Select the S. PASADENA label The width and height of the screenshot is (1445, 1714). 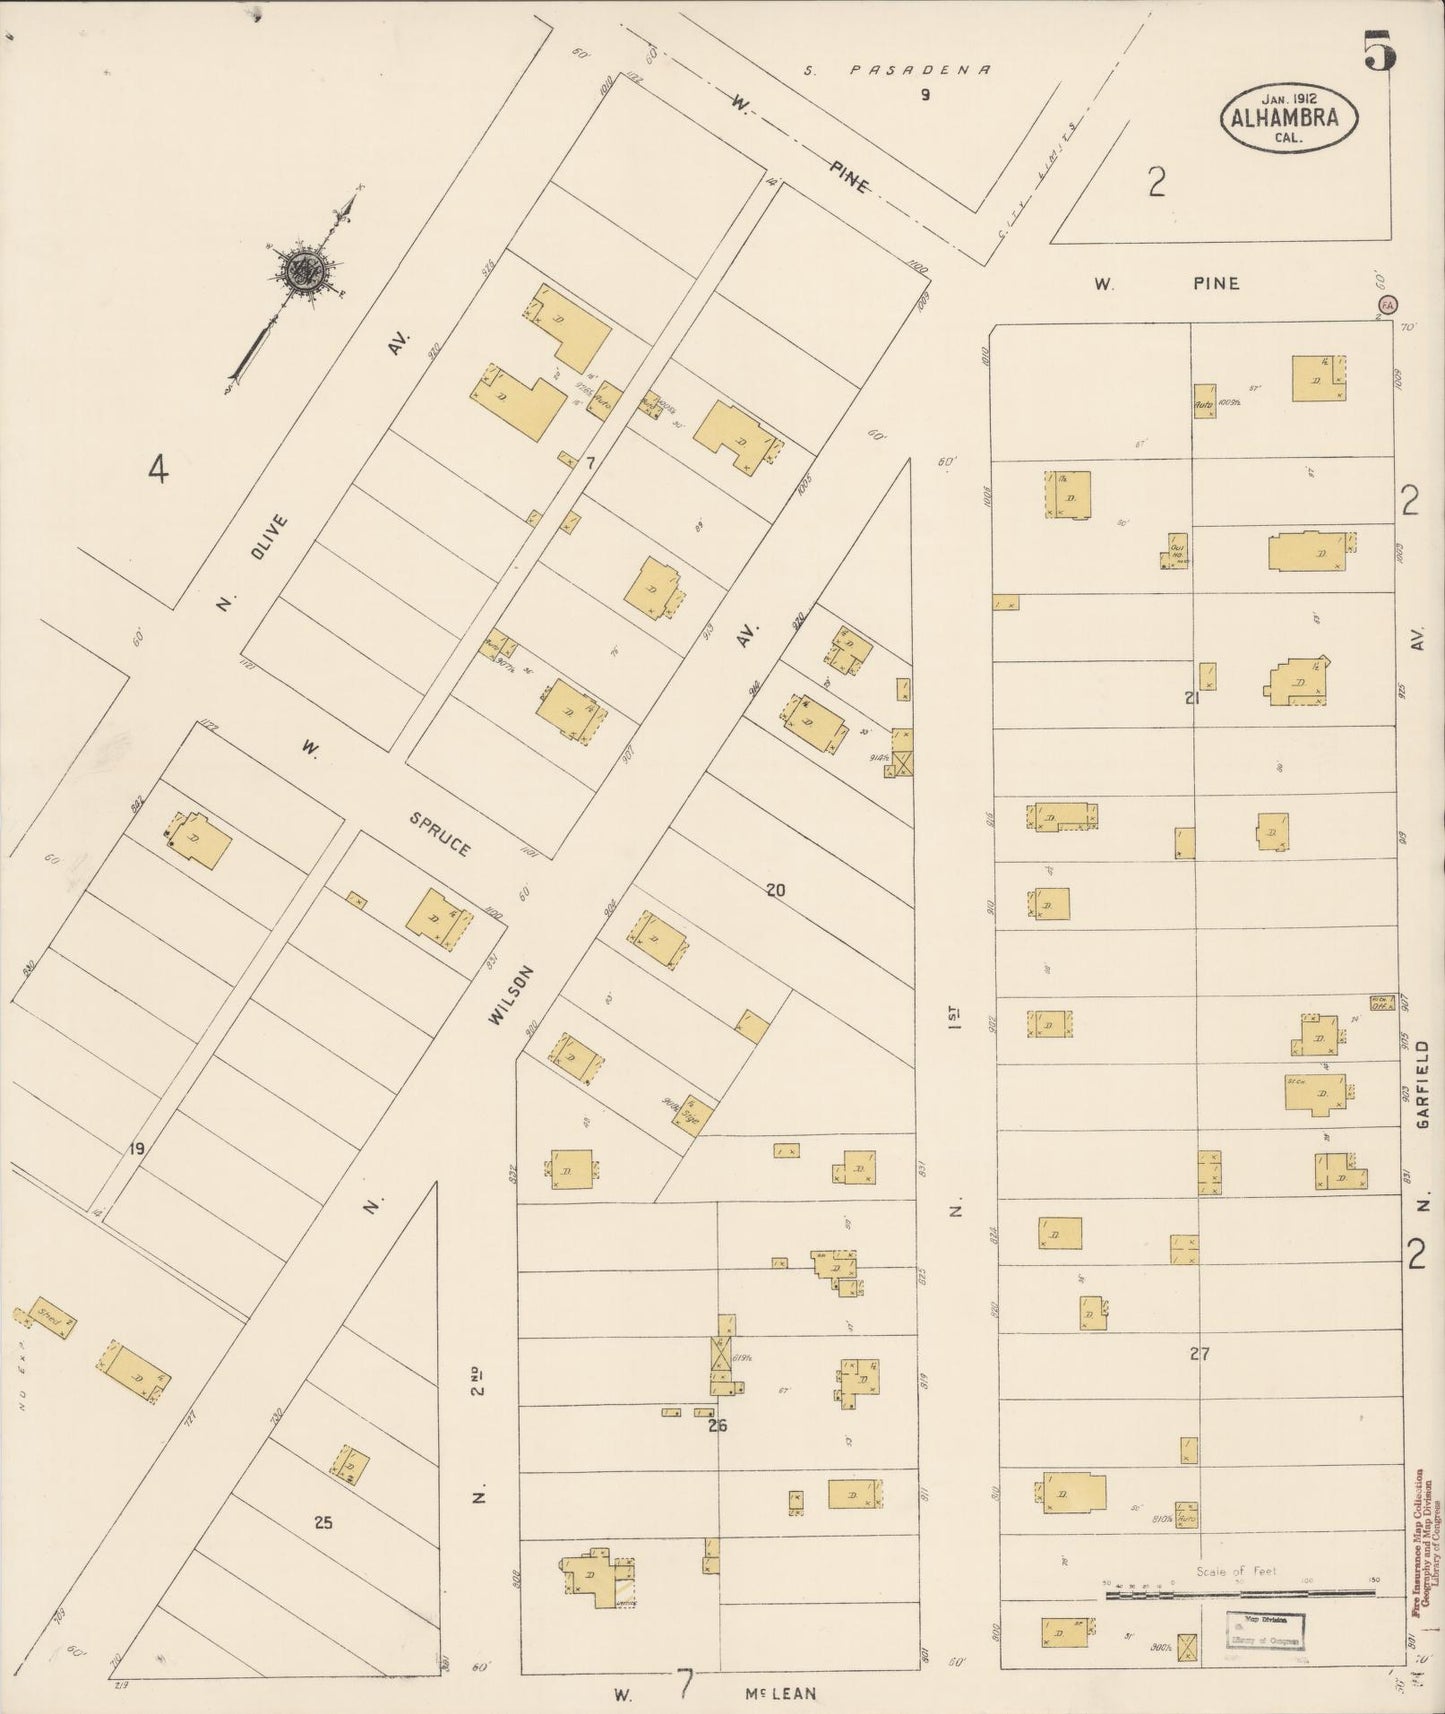coord(899,70)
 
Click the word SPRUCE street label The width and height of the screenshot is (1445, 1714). coord(440,833)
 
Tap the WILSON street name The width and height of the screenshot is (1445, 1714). coord(506,996)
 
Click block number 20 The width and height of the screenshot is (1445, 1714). coord(776,889)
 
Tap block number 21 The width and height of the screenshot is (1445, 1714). coord(1191,698)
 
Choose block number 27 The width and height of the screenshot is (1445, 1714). coord(1200,1354)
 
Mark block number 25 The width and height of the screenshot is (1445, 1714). coord(322,1523)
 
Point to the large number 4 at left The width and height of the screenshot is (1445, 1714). coord(157,468)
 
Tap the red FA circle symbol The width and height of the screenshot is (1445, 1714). coord(1387,304)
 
